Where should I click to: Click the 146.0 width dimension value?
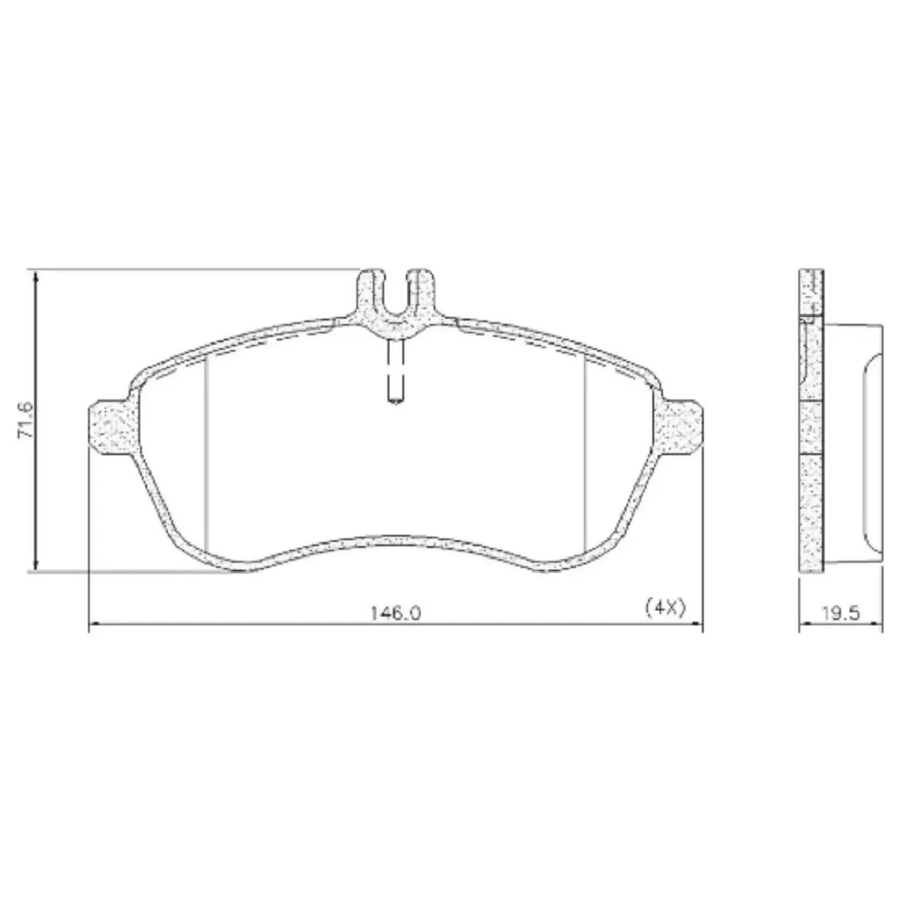(x=395, y=613)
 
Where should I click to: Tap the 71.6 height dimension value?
(x=26, y=421)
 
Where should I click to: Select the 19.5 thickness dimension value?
(x=840, y=613)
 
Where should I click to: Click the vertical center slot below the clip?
(x=395, y=370)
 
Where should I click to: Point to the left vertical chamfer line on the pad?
(x=206, y=454)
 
